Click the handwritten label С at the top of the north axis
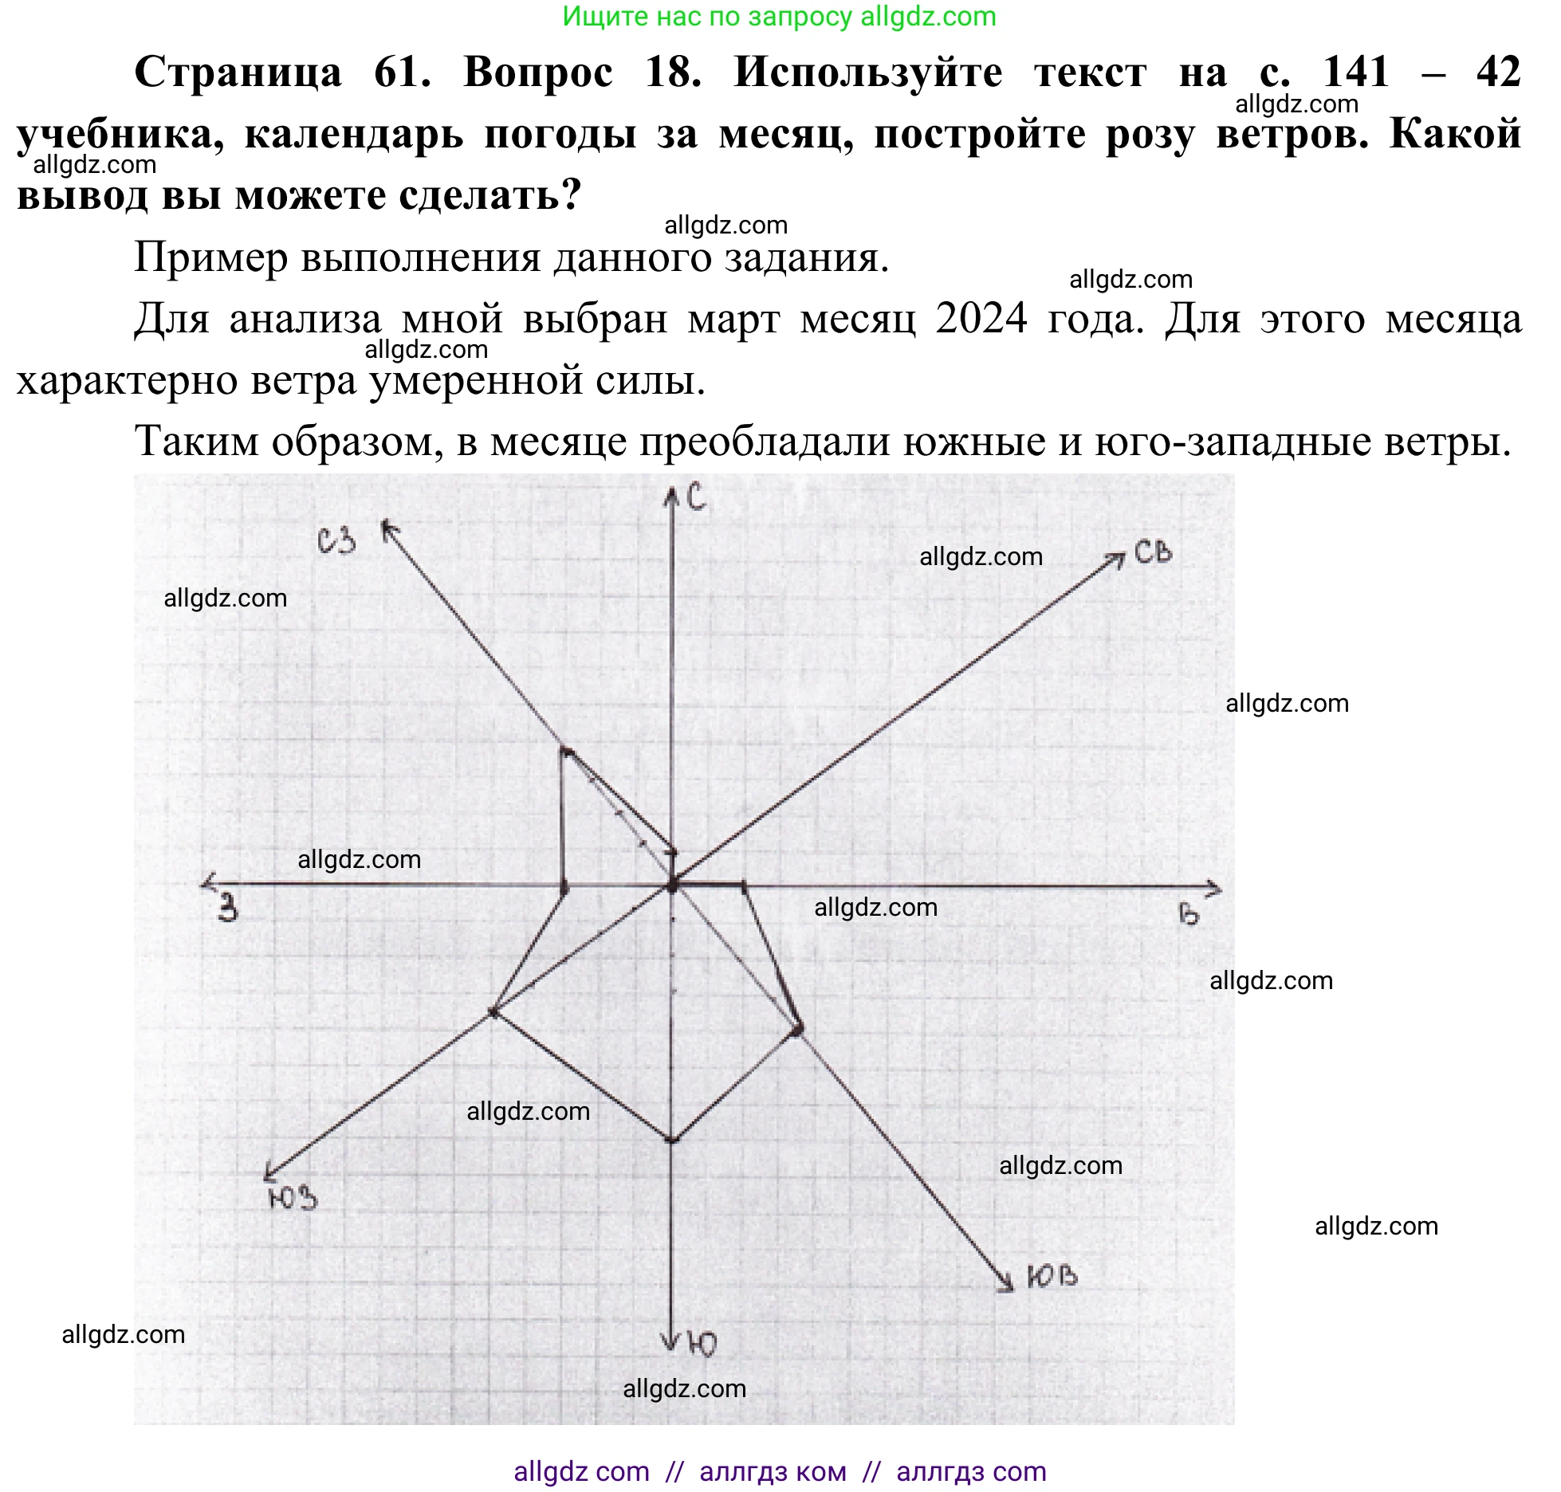click(696, 497)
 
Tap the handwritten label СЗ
click(336, 541)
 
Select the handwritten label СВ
click(1153, 552)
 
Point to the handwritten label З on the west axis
click(229, 908)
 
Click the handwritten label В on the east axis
click(1188, 914)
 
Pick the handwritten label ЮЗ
click(293, 1198)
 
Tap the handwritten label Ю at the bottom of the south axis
click(702, 1345)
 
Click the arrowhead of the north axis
click(672, 495)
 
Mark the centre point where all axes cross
click(673, 885)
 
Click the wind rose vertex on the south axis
click(672, 1140)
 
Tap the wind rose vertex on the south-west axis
click(493, 1012)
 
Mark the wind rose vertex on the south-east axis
click(798, 1030)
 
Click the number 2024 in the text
click(981, 319)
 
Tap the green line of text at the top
click(779, 17)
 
